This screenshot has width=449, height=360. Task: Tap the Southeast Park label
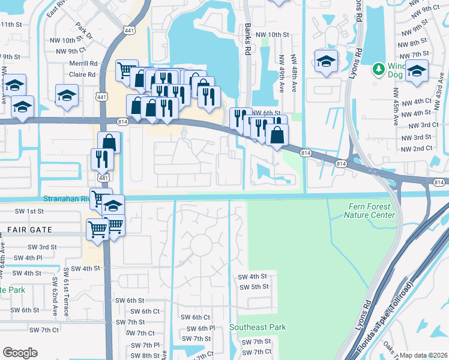258,327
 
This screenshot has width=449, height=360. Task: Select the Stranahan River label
65,199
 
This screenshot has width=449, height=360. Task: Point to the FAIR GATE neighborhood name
29,230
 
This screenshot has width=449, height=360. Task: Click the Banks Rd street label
247,37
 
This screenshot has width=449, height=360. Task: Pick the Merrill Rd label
84,63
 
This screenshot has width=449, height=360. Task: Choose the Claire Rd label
83,74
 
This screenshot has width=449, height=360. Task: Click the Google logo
20,352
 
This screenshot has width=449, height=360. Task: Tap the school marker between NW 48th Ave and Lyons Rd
326,62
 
